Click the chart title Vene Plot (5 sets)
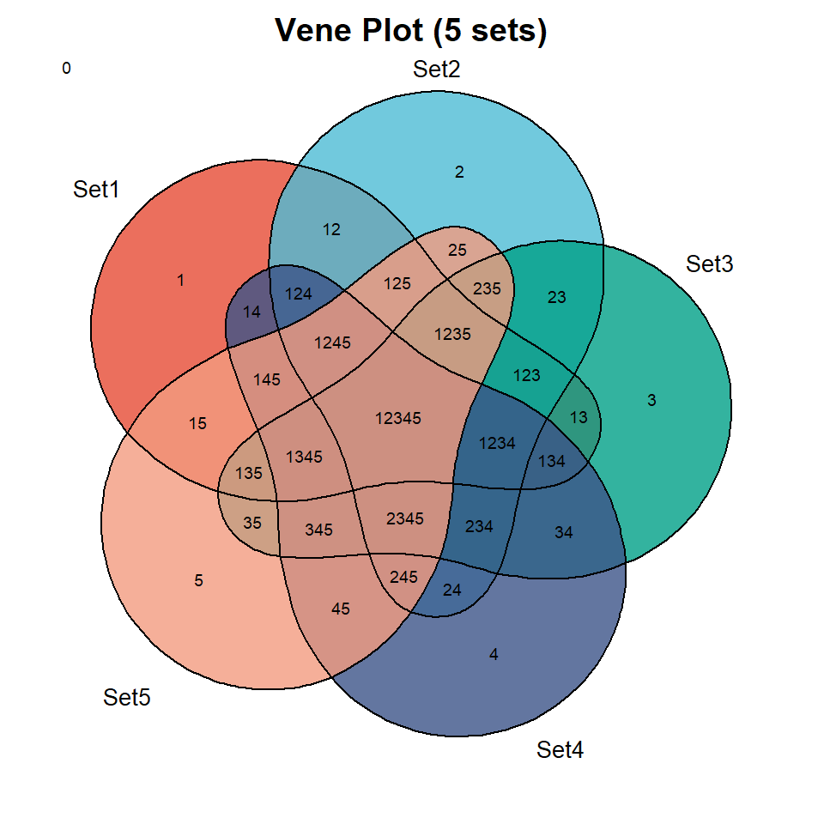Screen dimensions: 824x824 click(411, 31)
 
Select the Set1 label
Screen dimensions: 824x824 click(96, 189)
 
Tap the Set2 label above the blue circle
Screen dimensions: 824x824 click(437, 70)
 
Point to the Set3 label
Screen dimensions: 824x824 click(710, 264)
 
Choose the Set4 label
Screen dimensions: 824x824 click(560, 750)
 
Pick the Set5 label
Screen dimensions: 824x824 click(127, 697)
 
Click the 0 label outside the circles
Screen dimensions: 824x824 click(66, 69)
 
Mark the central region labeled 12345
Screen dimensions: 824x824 click(397, 418)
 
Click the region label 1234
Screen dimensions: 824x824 click(497, 444)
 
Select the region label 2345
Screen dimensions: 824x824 click(404, 518)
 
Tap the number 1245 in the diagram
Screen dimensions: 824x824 click(332, 343)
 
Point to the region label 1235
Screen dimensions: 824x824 click(452, 334)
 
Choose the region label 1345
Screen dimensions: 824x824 click(304, 457)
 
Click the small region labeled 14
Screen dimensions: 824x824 click(251, 312)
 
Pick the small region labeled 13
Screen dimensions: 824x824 click(579, 418)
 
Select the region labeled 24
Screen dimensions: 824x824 click(452, 591)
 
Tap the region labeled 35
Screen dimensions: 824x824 click(252, 523)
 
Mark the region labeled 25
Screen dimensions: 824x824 click(457, 250)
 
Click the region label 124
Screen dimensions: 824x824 click(299, 294)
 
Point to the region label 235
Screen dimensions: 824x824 click(487, 288)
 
